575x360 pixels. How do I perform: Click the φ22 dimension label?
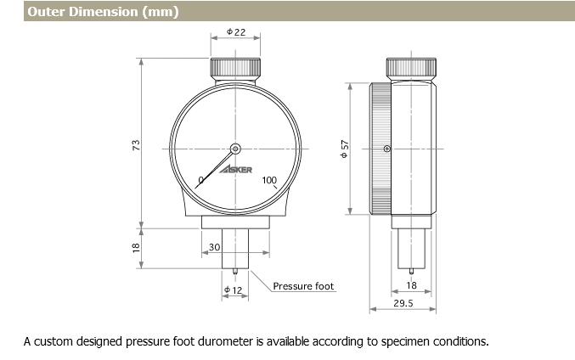tap(235, 31)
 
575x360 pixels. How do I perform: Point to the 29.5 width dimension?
tap(403, 303)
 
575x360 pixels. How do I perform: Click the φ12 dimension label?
tap(234, 290)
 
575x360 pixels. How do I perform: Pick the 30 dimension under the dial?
tap(214, 246)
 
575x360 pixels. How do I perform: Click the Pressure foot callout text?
tap(304, 286)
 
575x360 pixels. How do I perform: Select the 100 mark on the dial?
tap(269, 179)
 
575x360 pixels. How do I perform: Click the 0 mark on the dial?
tap(201, 179)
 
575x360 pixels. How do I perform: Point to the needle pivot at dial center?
tap(235, 147)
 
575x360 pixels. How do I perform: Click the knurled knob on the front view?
tap(235, 67)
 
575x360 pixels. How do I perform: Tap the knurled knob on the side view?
tap(412, 67)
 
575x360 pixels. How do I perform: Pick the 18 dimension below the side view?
tap(412, 286)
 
